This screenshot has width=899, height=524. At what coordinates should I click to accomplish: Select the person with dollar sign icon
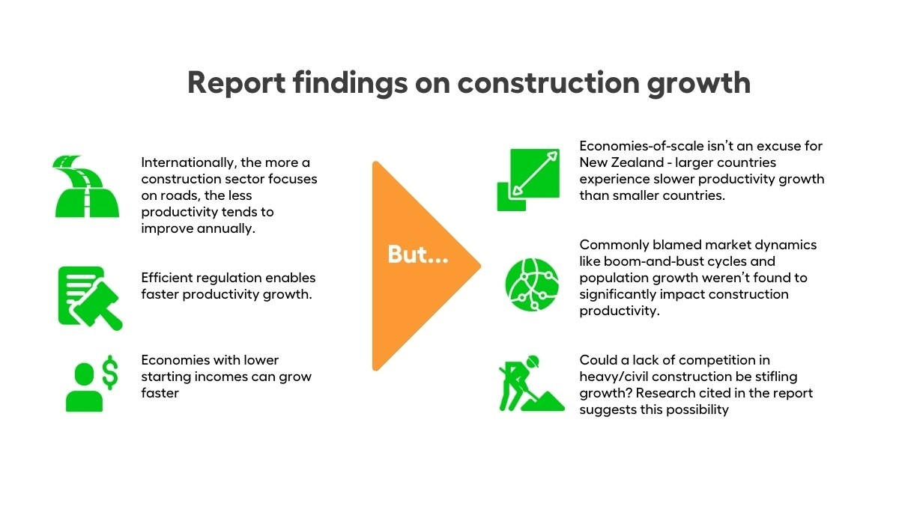(x=89, y=383)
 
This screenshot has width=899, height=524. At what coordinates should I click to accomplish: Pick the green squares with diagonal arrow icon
(x=529, y=179)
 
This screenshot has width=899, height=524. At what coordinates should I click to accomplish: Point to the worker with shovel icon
(x=530, y=383)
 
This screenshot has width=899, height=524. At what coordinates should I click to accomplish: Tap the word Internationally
(x=187, y=162)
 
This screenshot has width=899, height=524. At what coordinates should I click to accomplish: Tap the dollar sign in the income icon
(x=109, y=372)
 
